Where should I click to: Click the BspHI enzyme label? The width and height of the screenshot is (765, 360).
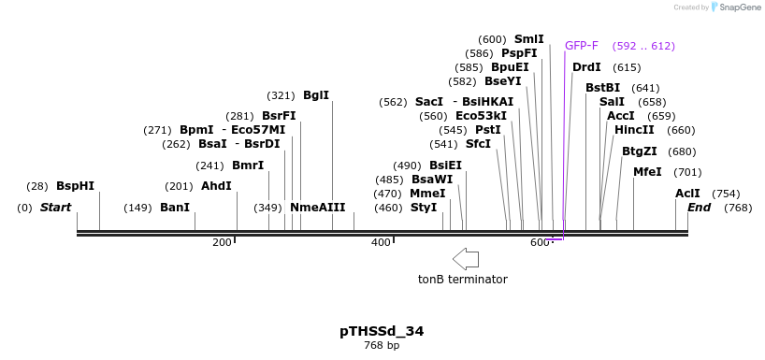pos(75,186)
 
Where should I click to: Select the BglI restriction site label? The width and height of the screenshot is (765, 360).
pos(316,95)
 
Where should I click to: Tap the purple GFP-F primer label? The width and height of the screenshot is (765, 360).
pos(581,46)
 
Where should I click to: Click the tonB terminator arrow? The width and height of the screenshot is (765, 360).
pos(465,259)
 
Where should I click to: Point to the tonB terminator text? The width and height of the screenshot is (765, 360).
pos(462,280)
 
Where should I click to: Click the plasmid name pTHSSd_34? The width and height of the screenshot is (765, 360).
pos(382,331)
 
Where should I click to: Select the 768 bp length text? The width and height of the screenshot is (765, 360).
pos(382,346)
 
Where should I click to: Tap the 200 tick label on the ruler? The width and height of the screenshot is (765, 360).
pos(222,243)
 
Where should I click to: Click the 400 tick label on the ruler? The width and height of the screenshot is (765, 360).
pos(381,243)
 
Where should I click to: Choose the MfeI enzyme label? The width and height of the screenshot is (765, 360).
pos(647,172)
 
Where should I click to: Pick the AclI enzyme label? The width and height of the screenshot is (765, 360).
pos(687,194)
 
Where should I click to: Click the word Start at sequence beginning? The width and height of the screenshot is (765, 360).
pos(55,208)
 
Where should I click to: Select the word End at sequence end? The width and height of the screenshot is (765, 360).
pos(699,208)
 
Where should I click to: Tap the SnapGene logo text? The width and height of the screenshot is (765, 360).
pos(739,7)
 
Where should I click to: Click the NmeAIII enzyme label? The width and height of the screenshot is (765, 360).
pos(317,208)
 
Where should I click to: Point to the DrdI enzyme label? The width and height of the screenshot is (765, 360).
pos(586,67)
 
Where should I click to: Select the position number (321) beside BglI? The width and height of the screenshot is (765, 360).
pos(281,95)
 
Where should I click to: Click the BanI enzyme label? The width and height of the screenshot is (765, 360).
pos(175,208)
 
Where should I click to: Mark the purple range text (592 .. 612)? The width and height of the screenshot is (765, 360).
pos(643,46)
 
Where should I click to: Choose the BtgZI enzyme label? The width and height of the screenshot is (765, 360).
pos(640,151)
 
